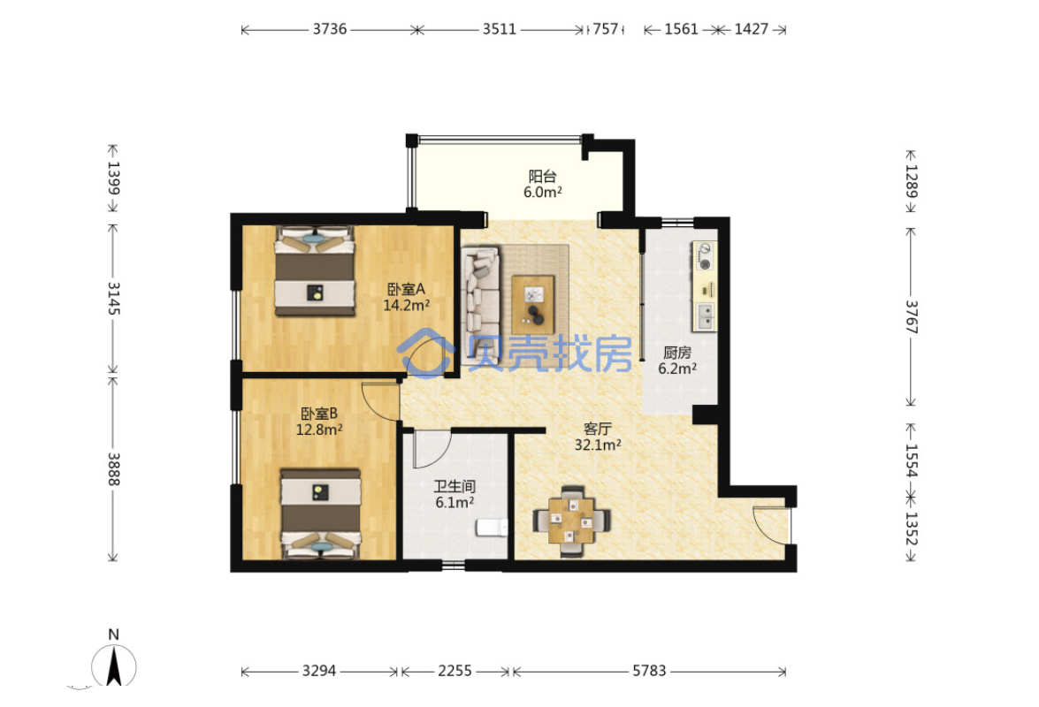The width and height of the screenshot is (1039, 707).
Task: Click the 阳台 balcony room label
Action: [542, 176]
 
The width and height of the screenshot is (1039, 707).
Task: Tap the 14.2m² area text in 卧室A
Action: [406, 305]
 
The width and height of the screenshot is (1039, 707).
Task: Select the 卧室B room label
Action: [319, 414]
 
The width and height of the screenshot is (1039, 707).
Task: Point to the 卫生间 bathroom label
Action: [455, 487]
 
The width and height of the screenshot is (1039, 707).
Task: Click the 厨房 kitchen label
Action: [677, 353]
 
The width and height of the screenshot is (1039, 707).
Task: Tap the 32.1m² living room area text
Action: [598, 445]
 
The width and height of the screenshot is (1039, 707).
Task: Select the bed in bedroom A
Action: [315, 270]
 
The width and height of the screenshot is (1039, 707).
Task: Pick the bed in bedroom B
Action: [321, 513]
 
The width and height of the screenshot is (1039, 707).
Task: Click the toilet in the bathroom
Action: [492, 528]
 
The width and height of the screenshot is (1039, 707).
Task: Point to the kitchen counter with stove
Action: [705, 286]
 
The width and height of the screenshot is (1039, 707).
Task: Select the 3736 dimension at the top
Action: [330, 29]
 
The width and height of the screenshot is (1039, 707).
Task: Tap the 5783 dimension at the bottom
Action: [649, 672]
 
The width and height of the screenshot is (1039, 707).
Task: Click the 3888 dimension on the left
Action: [113, 469]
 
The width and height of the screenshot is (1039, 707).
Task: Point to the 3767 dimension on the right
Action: [912, 317]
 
